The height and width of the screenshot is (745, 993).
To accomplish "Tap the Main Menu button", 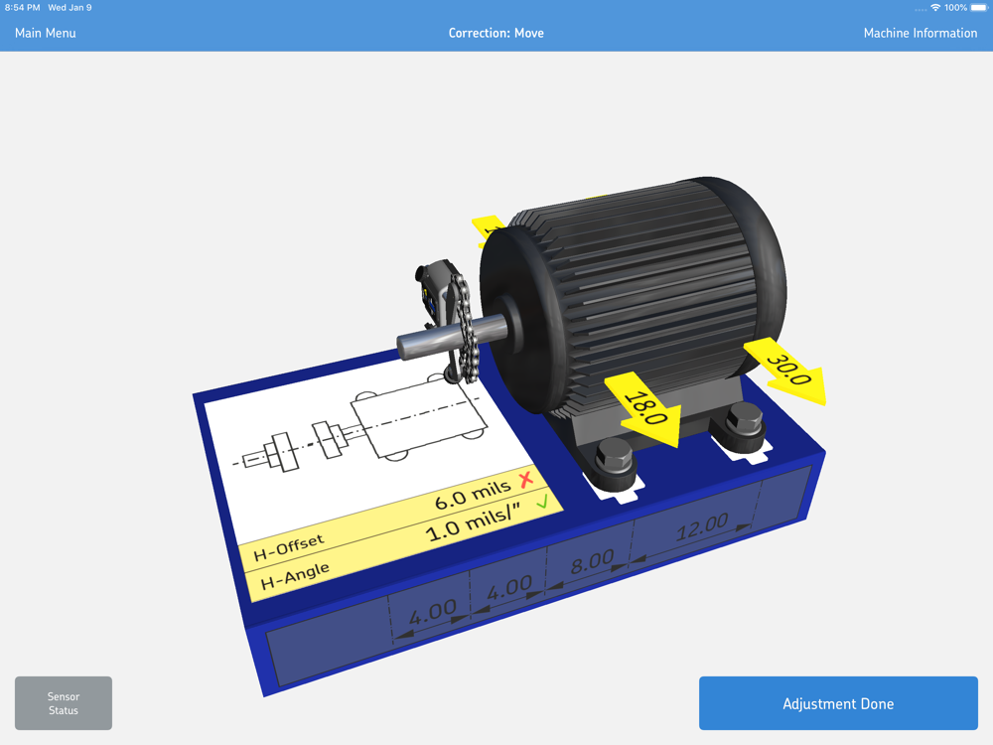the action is tap(45, 33).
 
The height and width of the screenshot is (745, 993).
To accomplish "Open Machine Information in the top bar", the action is tap(921, 33).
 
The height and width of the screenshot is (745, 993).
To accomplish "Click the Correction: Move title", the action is tap(496, 33).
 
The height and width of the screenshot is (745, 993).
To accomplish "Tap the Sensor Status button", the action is tap(64, 703).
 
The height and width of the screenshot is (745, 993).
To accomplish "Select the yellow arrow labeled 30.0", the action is tap(786, 371).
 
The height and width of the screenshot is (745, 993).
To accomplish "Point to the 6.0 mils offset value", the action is tap(473, 494).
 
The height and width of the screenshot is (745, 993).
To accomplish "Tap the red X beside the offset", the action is tap(526, 480).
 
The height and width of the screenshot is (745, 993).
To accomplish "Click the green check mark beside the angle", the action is tap(542, 503).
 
